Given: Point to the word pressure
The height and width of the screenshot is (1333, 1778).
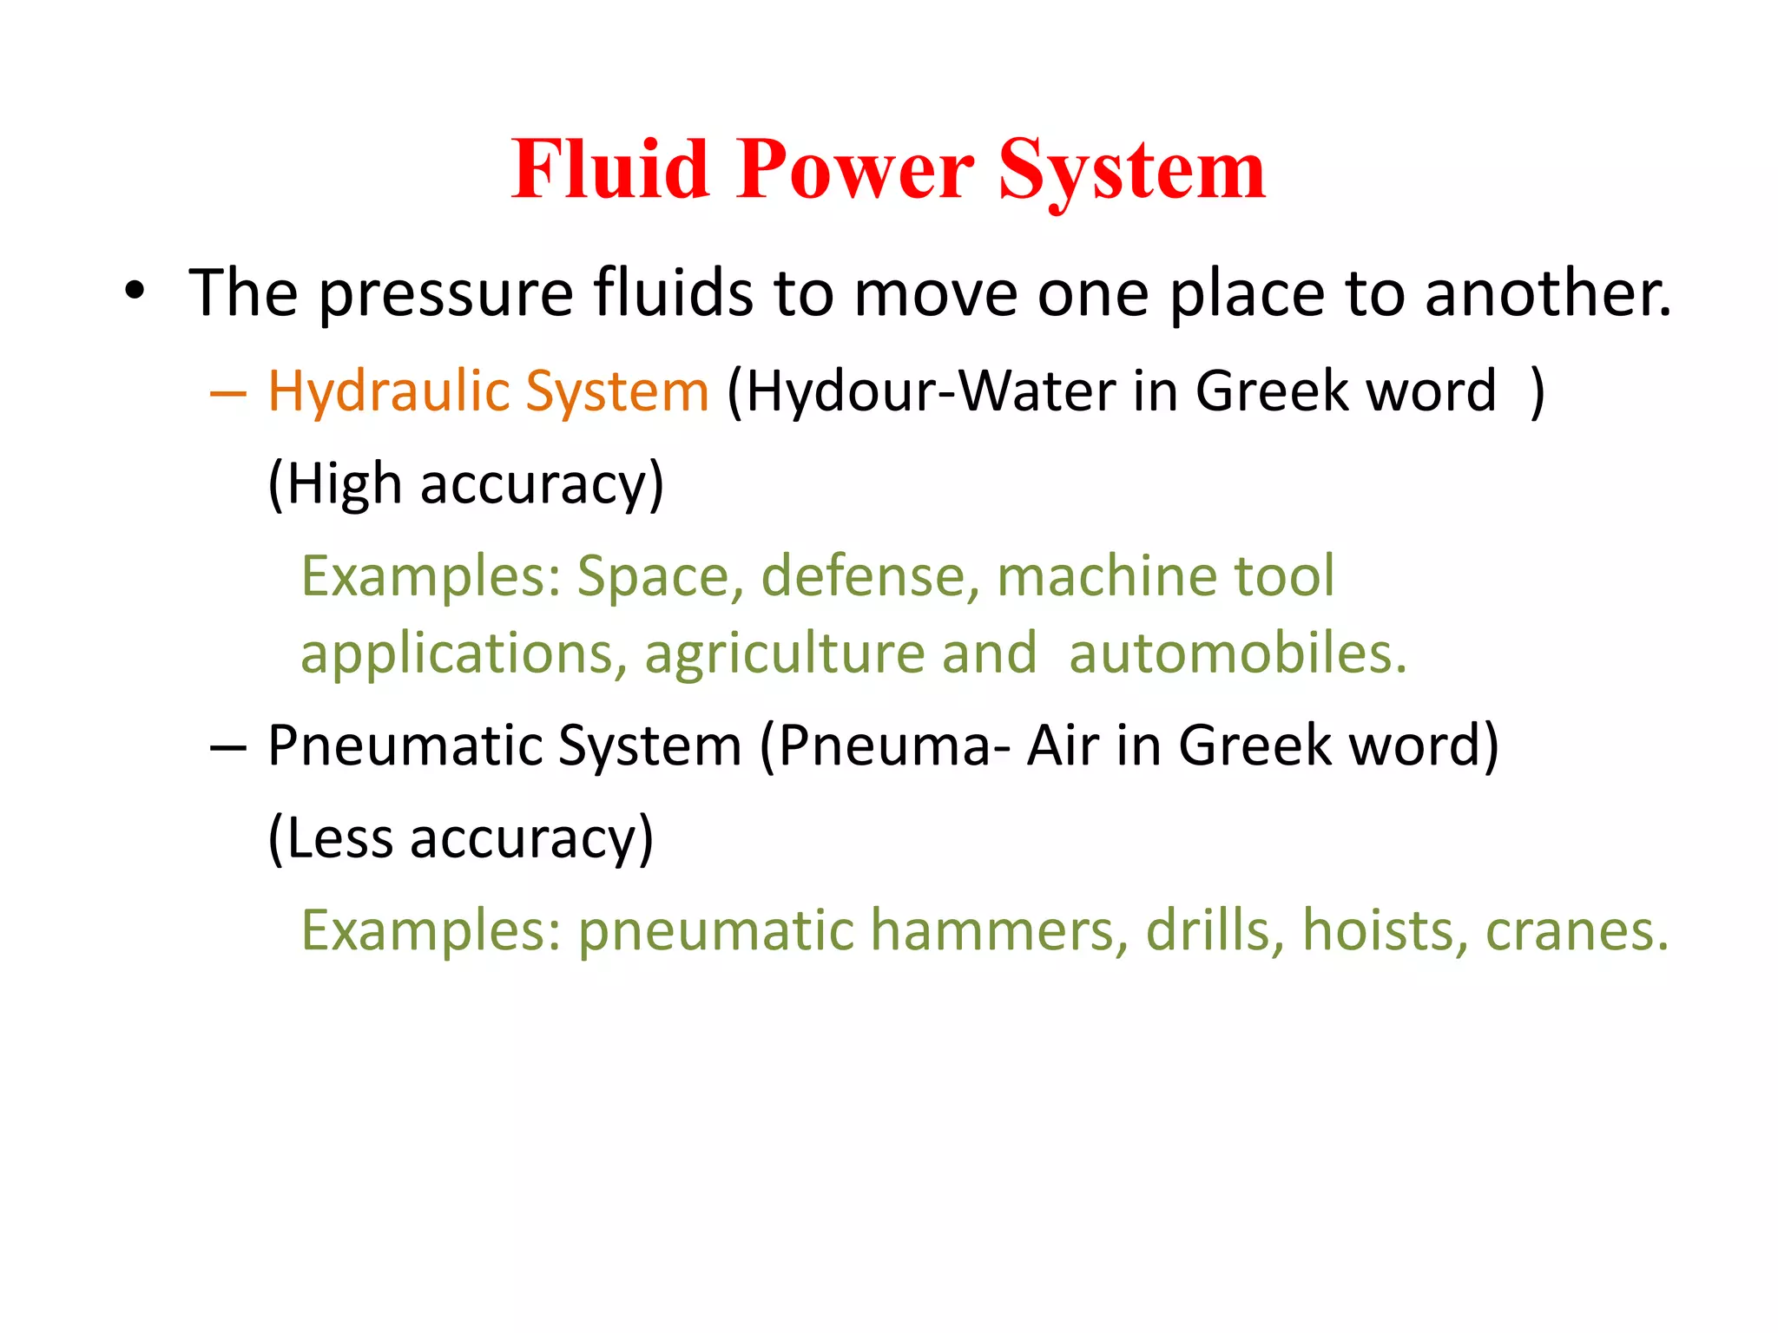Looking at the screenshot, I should click(x=445, y=295).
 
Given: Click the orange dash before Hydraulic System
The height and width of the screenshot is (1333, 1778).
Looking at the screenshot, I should click(x=228, y=393).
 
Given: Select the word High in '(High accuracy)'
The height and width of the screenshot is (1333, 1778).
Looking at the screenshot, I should click(x=343, y=484).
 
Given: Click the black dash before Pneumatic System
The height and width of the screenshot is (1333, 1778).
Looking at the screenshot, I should click(x=228, y=747).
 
